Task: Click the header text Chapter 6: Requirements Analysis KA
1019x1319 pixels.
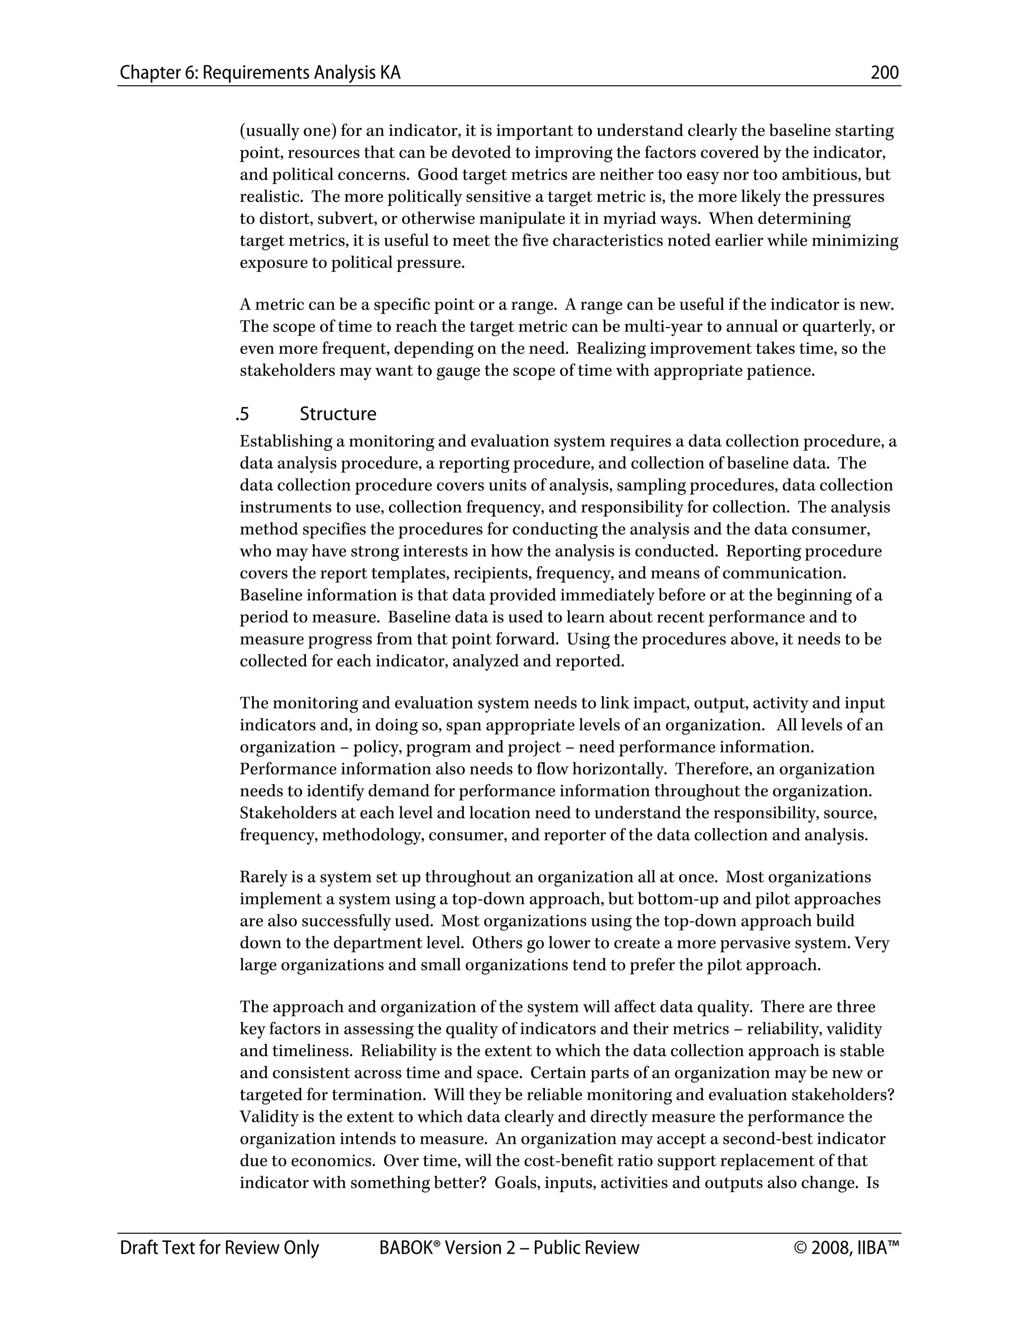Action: coord(260,73)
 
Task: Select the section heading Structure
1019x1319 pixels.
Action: coord(337,414)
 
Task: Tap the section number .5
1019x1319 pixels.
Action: coord(243,414)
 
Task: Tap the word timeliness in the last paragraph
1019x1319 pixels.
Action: coord(311,1051)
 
